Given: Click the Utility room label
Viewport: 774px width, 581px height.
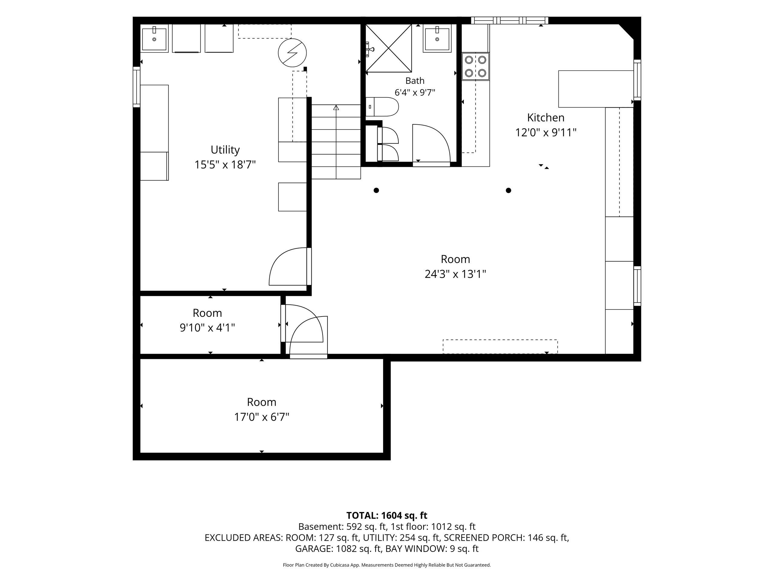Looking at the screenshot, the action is (x=225, y=150).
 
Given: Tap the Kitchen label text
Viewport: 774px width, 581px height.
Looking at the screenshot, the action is (x=545, y=117).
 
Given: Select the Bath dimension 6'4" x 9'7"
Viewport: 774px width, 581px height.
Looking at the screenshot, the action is (x=415, y=93).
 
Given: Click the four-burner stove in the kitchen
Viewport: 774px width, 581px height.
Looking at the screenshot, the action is (x=476, y=67).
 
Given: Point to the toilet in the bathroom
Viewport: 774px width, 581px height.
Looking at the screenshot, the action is (x=382, y=107).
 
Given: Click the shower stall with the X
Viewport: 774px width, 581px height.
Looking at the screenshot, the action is (x=389, y=48).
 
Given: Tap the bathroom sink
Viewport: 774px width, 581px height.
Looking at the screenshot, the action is (x=437, y=38).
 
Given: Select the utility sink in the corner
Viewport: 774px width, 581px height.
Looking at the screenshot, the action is (x=154, y=38).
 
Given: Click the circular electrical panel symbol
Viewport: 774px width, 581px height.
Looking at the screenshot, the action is (x=292, y=53).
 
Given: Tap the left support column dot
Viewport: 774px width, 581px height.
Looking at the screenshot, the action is (x=376, y=191).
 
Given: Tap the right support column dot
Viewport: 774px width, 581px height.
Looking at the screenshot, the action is (x=509, y=191).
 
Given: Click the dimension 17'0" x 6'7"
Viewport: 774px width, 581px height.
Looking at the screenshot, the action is (x=262, y=417).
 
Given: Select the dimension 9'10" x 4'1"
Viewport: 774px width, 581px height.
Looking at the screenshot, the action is (x=207, y=328).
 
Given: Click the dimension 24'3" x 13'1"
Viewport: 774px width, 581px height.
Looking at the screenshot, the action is (x=455, y=274).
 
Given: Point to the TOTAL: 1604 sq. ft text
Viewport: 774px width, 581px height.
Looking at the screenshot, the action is (x=387, y=516).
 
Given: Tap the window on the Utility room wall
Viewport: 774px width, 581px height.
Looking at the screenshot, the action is (x=136, y=87).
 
